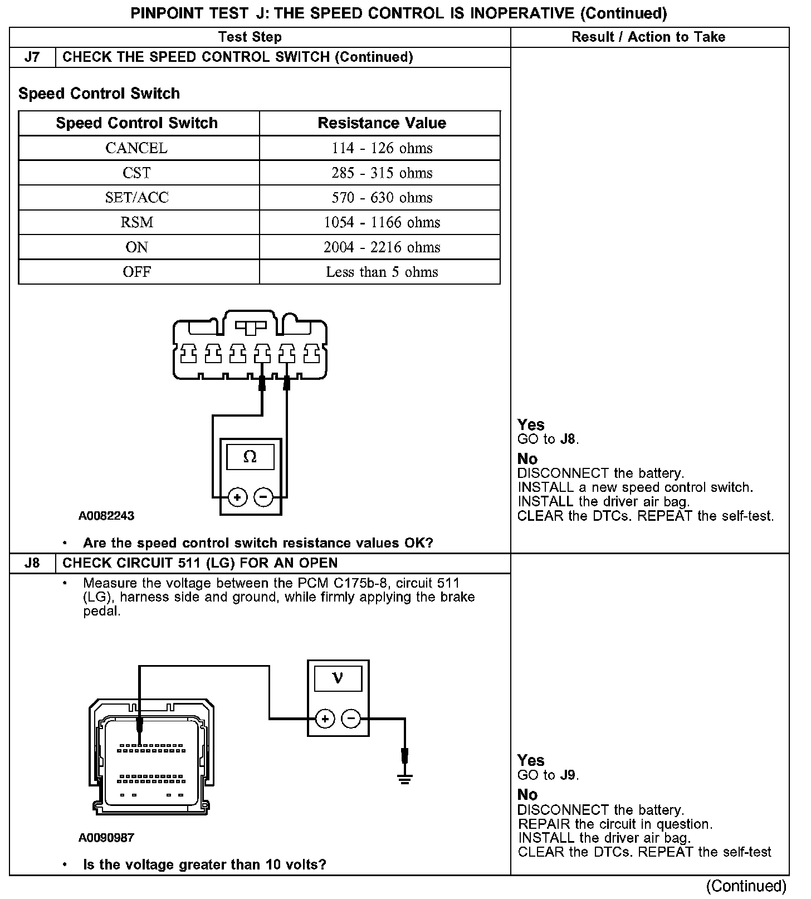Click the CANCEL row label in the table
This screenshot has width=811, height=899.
coord(136,148)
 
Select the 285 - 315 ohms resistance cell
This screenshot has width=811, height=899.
coord(382,173)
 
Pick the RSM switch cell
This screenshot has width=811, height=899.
coord(136,222)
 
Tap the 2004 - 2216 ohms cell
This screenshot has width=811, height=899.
coord(382,247)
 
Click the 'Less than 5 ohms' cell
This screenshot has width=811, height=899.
coord(382,272)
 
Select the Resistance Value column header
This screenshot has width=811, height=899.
coord(382,123)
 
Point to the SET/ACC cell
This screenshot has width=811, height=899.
coord(136,198)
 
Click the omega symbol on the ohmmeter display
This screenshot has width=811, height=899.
coord(250,457)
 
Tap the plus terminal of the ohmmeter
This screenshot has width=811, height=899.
coord(237,497)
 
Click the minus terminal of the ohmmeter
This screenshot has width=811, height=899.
coord(263,497)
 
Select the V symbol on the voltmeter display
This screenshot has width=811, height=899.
coord(338,678)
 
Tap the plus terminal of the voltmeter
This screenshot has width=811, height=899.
coord(325,719)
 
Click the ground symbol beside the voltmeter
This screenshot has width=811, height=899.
coord(405,779)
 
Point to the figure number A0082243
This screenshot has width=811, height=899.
coord(106,516)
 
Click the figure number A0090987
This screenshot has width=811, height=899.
coord(106,837)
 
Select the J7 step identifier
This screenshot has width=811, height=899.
coord(32,57)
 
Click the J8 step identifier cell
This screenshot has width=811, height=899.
coord(32,563)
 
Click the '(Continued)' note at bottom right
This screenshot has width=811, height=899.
coord(746,886)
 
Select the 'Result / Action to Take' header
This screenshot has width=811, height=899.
coord(648,37)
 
